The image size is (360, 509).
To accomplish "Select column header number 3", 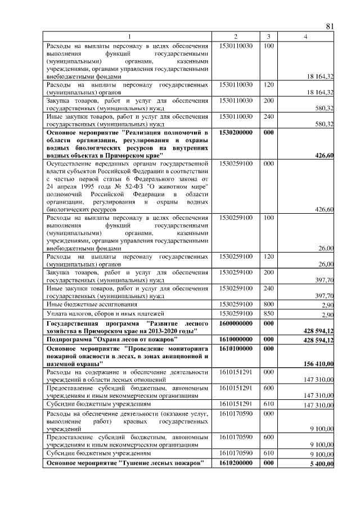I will point(269,37).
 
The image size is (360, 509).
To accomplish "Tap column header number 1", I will point(128,37).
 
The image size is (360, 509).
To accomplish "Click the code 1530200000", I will point(236,132).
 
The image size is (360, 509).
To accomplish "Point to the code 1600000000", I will point(236,324).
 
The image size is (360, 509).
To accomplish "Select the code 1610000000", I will point(236,340).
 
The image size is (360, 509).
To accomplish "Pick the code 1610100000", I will point(236,349).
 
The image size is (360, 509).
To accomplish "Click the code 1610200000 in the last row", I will point(236,463).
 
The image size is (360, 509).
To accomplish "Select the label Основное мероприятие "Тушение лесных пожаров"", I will point(124,463).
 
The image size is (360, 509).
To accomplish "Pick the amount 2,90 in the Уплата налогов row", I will point(328,314).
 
